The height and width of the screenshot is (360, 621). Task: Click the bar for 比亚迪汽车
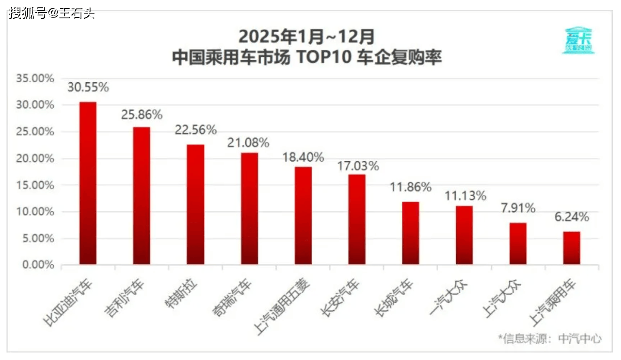[x=88, y=183]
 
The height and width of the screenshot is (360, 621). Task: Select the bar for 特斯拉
[x=195, y=204]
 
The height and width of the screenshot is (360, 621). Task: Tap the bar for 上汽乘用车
[x=571, y=248]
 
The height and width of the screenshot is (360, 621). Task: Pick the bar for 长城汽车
[x=410, y=233]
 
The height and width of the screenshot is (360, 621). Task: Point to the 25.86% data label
[x=142, y=115]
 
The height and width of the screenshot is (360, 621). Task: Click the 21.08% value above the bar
[x=248, y=143]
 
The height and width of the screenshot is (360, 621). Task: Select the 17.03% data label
[x=358, y=166]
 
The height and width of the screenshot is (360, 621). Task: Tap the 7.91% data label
[x=518, y=208]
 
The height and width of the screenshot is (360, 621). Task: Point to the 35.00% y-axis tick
[x=35, y=78]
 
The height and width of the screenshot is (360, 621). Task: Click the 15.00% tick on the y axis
[x=35, y=185]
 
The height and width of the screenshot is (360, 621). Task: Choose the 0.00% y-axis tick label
[x=38, y=265]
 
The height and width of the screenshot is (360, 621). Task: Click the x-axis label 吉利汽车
[x=124, y=298]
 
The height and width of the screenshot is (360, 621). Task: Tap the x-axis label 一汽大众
[x=448, y=298]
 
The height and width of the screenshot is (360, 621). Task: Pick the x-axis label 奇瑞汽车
[x=232, y=298]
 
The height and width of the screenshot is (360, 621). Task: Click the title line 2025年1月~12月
[x=306, y=37]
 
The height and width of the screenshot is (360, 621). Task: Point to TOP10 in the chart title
[x=324, y=57]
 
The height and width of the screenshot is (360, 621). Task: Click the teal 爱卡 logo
[x=578, y=40]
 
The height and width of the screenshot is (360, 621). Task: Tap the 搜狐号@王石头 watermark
[x=52, y=13]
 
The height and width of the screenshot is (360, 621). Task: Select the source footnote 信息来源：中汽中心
[x=550, y=338]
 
